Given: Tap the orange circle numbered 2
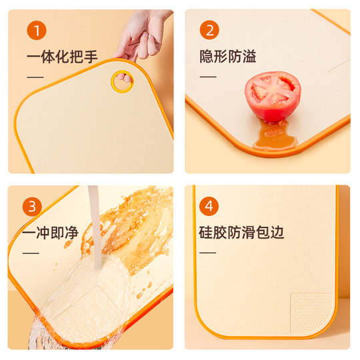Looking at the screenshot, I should (x=209, y=31).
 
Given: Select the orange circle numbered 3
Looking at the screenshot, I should (x=33, y=207).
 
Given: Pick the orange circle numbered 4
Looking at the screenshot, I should (x=209, y=207).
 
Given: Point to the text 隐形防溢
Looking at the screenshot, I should (x=228, y=57).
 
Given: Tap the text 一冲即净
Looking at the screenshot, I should (x=50, y=233).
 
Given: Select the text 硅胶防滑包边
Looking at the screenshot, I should (x=241, y=233).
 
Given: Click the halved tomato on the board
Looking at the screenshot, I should (x=273, y=96).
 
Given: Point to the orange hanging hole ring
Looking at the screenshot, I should (x=122, y=81).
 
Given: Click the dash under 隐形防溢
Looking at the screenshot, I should (x=208, y=77).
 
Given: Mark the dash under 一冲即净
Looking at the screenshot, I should (x=31, y=253).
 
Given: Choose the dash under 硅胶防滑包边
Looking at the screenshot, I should (x=208, y=253).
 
